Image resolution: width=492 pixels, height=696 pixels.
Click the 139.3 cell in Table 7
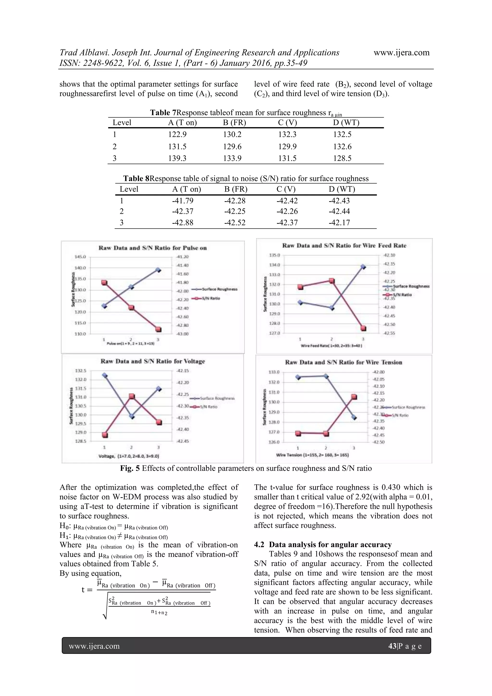[177, 158]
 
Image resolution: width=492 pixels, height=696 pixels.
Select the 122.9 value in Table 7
[177, 134]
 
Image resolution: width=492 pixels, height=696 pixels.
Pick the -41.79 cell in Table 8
[183, 201]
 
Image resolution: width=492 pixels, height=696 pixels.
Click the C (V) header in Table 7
[288, 122]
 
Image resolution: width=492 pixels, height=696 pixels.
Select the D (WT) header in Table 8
[342, 189]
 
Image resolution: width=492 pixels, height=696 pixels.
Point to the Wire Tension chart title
[344, 362]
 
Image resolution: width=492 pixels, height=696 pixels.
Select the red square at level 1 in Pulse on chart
[104, 282]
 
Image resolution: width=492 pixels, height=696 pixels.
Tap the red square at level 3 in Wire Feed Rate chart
[363, 328]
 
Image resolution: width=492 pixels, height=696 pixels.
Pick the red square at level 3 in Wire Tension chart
[354, 397]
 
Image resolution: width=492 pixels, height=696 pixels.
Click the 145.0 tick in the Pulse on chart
[80, 257]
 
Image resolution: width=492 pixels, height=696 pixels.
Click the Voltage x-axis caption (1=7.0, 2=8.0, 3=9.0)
[129, 456]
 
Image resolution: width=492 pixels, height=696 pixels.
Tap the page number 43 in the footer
[392, 646]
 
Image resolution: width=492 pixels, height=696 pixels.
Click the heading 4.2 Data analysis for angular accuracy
[323, 545]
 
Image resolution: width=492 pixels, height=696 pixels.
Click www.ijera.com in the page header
[401, 53]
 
